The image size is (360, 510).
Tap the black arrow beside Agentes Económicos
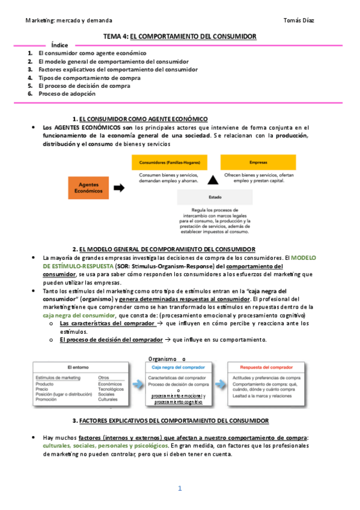119,187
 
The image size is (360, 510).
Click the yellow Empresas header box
258,162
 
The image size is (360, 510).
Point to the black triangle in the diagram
212,180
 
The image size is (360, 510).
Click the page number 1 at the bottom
180,488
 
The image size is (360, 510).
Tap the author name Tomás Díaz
298,20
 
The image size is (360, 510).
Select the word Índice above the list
59,45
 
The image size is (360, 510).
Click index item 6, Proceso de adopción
67,94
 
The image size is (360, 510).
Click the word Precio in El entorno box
43,389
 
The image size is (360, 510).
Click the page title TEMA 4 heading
180,37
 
